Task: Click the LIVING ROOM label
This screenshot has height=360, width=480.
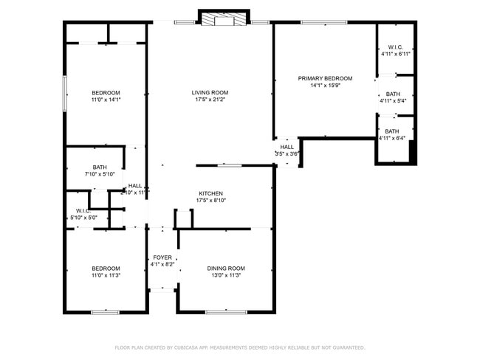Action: pos(210,92)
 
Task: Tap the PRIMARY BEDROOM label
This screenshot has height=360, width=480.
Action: pos(325,78)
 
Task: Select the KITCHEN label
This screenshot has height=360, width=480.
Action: pos(210,193)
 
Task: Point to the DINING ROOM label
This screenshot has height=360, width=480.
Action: pos(226,268)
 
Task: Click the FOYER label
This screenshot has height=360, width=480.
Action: pos(162,257)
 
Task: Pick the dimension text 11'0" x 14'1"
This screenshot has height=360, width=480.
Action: pos(105,100)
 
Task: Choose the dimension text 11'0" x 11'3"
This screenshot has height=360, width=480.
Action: pos(105,275)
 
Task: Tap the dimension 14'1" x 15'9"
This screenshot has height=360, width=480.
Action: pos(325,86)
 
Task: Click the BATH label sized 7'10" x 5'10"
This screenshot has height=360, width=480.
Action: pos(99,167)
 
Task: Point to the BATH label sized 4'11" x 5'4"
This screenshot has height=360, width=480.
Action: pos(392,94)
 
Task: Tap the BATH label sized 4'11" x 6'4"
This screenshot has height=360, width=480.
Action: pos(392,131)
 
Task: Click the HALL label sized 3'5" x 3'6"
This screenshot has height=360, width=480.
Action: pos(287,147)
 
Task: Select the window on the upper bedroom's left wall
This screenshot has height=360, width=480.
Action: pos(65,94)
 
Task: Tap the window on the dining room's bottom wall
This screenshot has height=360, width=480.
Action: pos(226,312)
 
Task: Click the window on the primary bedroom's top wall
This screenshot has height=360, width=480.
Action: pos(324,22)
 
